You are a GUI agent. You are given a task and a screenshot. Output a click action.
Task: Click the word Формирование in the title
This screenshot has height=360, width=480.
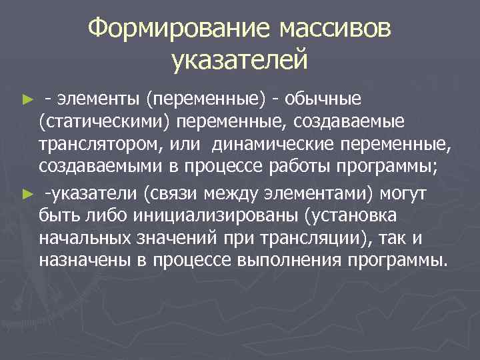[178, 29]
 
